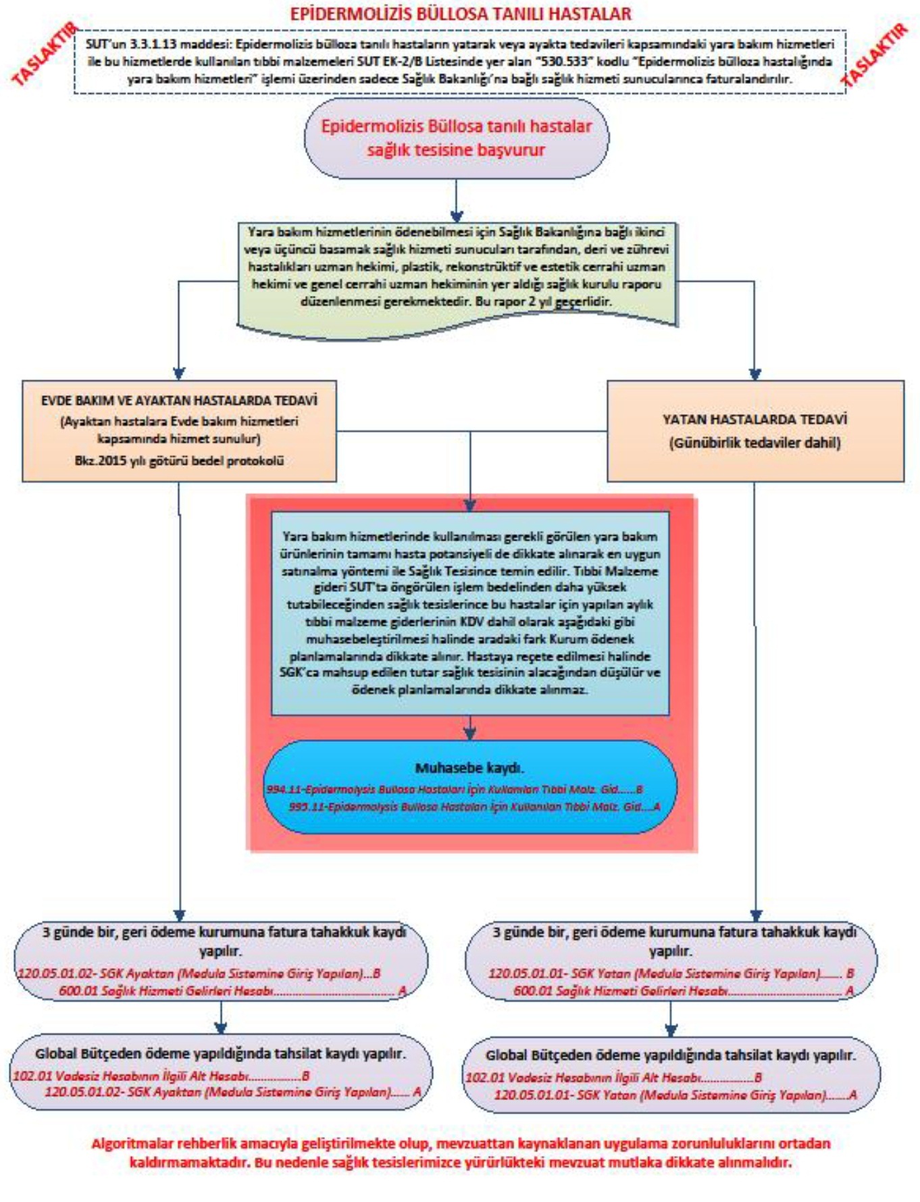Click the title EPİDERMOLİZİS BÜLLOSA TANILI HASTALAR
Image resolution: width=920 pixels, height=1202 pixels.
click(x=460, y=14)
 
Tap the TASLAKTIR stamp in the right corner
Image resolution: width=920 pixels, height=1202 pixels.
click(x=875, y=55)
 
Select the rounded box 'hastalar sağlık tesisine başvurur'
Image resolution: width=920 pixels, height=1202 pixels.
click(x=456, y=138)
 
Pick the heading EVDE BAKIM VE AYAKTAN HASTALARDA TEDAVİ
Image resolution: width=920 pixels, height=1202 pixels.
click(x=179, y=400)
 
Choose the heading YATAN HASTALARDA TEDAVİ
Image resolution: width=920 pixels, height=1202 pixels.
click(x=755, y=419)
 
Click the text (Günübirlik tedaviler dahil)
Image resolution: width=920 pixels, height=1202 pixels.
click(x=755, y=443)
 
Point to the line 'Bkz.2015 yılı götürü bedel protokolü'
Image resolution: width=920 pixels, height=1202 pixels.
click(x=179, y=461)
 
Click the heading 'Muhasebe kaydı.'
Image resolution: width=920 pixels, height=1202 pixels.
click(x=469, y=768)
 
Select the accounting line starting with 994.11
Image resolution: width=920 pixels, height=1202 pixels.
click(x=454, y=789)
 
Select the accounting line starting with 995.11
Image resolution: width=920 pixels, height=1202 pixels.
click(x=474, y=807)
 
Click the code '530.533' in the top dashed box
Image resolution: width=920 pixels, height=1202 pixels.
click(x=565, y=61)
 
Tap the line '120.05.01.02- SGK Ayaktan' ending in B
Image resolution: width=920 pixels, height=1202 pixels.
click(x=199, y=974)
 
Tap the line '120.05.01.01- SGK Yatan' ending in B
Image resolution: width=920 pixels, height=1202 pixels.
click(x=671, y=974)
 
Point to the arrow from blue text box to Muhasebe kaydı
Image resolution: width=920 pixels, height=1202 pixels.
click(x=470, y=728)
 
